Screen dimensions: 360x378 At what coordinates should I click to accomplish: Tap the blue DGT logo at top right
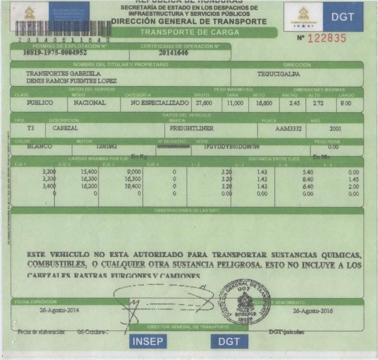point(343,17)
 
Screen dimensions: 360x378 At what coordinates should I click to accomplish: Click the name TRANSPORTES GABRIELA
point(64,73)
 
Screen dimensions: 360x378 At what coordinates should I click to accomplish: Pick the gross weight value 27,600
point(204,103)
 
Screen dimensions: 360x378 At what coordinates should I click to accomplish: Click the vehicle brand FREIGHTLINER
point(188,129)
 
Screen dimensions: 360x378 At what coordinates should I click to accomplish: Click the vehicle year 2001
point(335,129)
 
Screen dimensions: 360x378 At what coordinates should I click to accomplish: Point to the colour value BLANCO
point(39,147)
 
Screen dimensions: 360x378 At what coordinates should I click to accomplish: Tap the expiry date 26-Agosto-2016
point(313,311)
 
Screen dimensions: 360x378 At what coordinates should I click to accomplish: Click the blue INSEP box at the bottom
point(148,342)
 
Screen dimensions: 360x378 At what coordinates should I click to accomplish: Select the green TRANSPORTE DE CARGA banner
point(189,32)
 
